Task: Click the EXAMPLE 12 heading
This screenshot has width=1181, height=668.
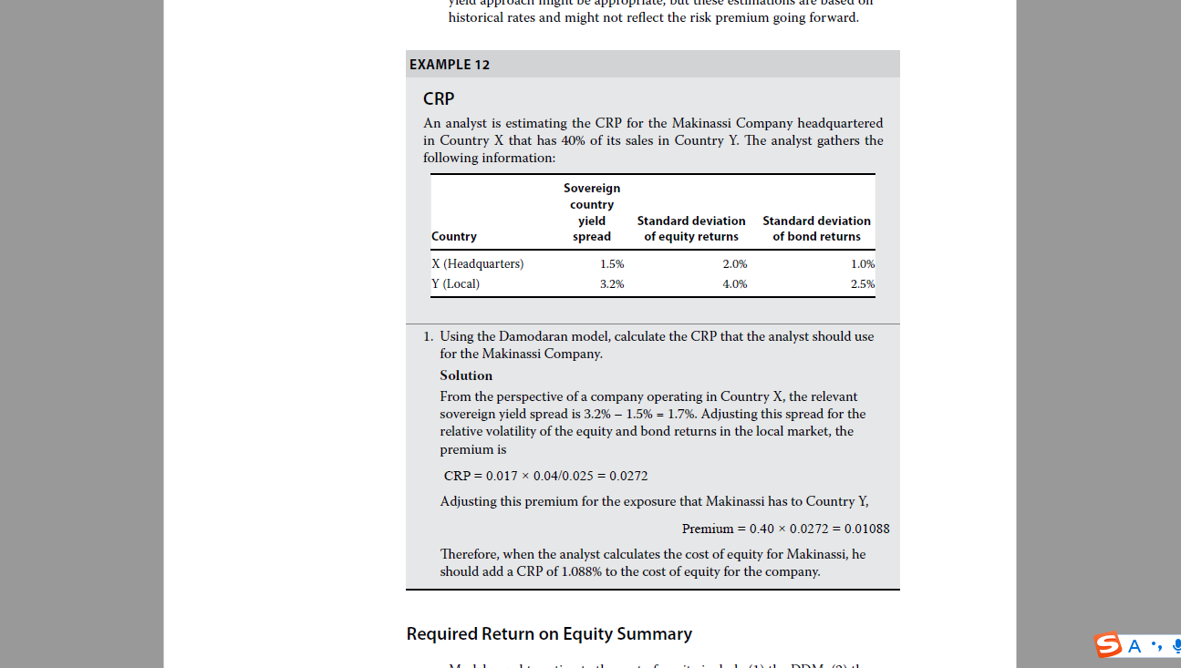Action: [450, 65]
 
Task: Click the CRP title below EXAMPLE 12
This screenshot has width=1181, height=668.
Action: [439, 98]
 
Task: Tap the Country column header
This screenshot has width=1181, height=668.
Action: [454, 236]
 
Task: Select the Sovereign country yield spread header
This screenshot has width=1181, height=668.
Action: [592, 212]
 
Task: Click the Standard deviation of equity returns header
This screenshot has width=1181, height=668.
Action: [691, 229]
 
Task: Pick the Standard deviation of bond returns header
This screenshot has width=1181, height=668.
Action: [816, 229]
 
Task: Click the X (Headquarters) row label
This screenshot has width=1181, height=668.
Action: [478, 263]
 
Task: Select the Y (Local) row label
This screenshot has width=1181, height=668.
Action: [456, 283]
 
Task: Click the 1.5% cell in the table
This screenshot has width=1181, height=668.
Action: [612, 263]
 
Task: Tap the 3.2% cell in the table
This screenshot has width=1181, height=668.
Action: [612, 283]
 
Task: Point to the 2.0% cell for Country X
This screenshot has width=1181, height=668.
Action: [734, 263]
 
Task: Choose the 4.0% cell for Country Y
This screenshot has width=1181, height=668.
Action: [734, 283]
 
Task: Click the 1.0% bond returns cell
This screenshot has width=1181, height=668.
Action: [862, 263]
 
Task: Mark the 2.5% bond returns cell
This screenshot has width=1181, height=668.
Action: [862, 283]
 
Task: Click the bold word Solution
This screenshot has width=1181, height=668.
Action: [466, 375]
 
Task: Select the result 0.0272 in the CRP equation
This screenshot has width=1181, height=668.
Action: [628, 476]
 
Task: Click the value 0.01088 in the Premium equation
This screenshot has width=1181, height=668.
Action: [866, 529]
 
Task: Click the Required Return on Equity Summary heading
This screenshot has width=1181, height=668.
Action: [549, 633]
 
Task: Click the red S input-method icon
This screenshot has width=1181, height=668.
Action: [1108, 645]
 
